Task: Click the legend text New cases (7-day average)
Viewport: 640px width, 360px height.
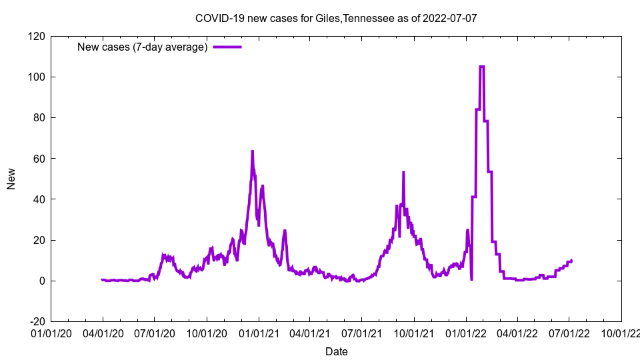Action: coord(143,47)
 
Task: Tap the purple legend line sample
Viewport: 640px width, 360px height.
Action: coord(227,47)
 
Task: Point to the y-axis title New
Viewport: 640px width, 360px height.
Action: coord(11,179)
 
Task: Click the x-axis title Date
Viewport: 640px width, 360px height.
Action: coord(336,351)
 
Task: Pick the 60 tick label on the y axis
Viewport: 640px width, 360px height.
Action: coord(39,159)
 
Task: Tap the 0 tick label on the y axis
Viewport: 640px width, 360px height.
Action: coord(41,281)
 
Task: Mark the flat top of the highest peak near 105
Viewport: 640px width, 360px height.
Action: coord(482,67)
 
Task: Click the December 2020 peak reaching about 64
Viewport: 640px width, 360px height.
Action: coord(252,151)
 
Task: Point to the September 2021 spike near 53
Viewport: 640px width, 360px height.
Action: coord(403,172)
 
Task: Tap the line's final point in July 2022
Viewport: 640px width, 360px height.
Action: coord(571,260)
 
